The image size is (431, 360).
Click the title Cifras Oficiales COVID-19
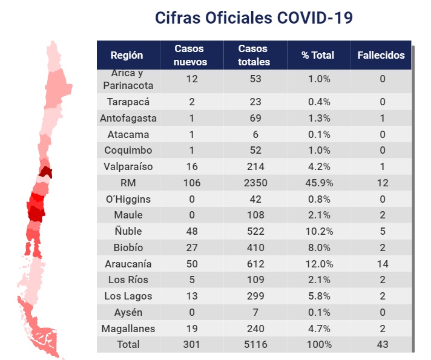254,18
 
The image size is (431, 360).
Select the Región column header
127,55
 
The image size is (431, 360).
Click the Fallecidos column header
381,55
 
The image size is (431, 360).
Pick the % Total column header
318,55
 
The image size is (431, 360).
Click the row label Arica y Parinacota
128,79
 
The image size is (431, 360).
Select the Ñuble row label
128,231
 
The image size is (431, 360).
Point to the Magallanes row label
128,329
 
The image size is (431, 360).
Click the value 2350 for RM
254,183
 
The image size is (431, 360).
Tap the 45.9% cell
318,183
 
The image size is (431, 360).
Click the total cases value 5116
254,344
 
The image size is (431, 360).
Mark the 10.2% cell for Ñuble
318,231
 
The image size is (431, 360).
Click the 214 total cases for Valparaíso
254,166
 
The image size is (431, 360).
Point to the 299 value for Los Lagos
254,296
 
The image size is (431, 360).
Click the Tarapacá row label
128,102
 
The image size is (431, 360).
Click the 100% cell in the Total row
318,344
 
